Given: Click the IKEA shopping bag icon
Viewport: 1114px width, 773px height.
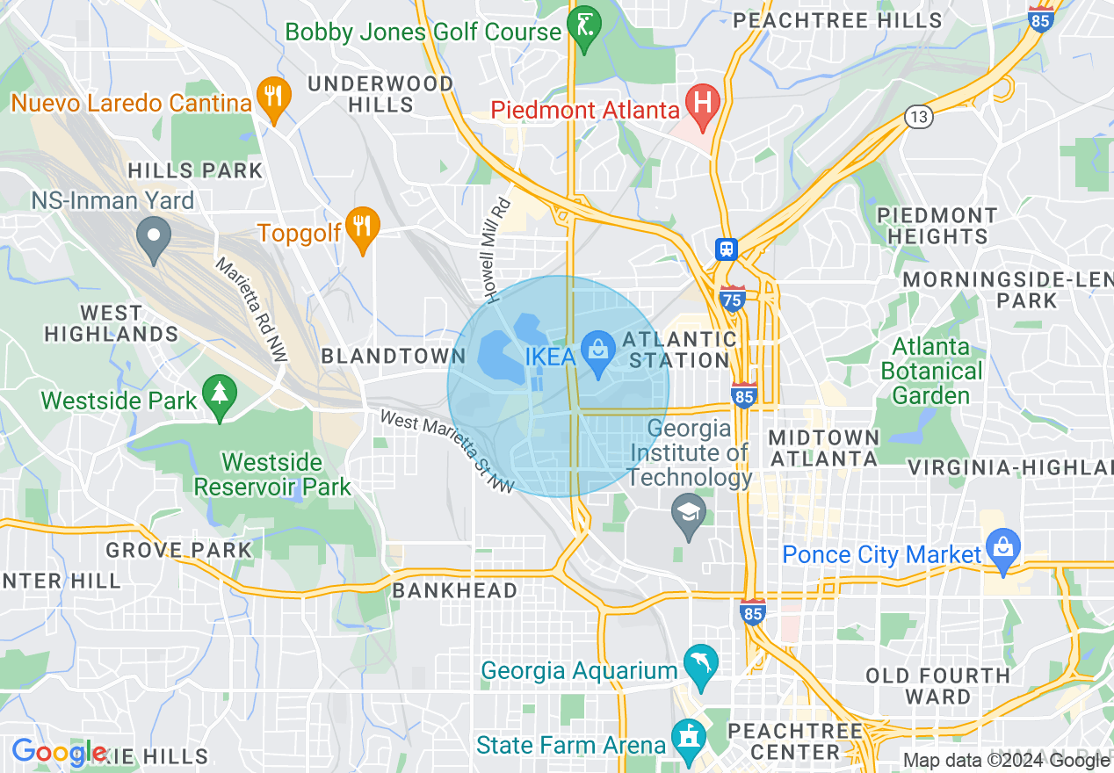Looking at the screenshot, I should pos(600,353).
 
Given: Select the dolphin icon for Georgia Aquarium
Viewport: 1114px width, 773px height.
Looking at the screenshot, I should pos(701,667).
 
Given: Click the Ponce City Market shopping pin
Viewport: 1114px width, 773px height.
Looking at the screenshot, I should pos(1002,550).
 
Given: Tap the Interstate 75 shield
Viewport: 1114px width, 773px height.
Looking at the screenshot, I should pos(732,299).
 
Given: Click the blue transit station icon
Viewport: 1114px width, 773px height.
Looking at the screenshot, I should pos(726,249).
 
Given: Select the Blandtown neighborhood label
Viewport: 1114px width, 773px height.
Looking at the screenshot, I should pos(394,356).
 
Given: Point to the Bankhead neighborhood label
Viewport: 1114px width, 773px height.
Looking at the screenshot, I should pos(454,590).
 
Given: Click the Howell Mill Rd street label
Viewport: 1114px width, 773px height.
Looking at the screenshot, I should pos(496,250).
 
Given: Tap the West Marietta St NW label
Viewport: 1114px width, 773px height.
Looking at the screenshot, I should pos(447,452).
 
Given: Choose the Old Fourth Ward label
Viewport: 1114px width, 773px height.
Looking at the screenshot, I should pos(937,686).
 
